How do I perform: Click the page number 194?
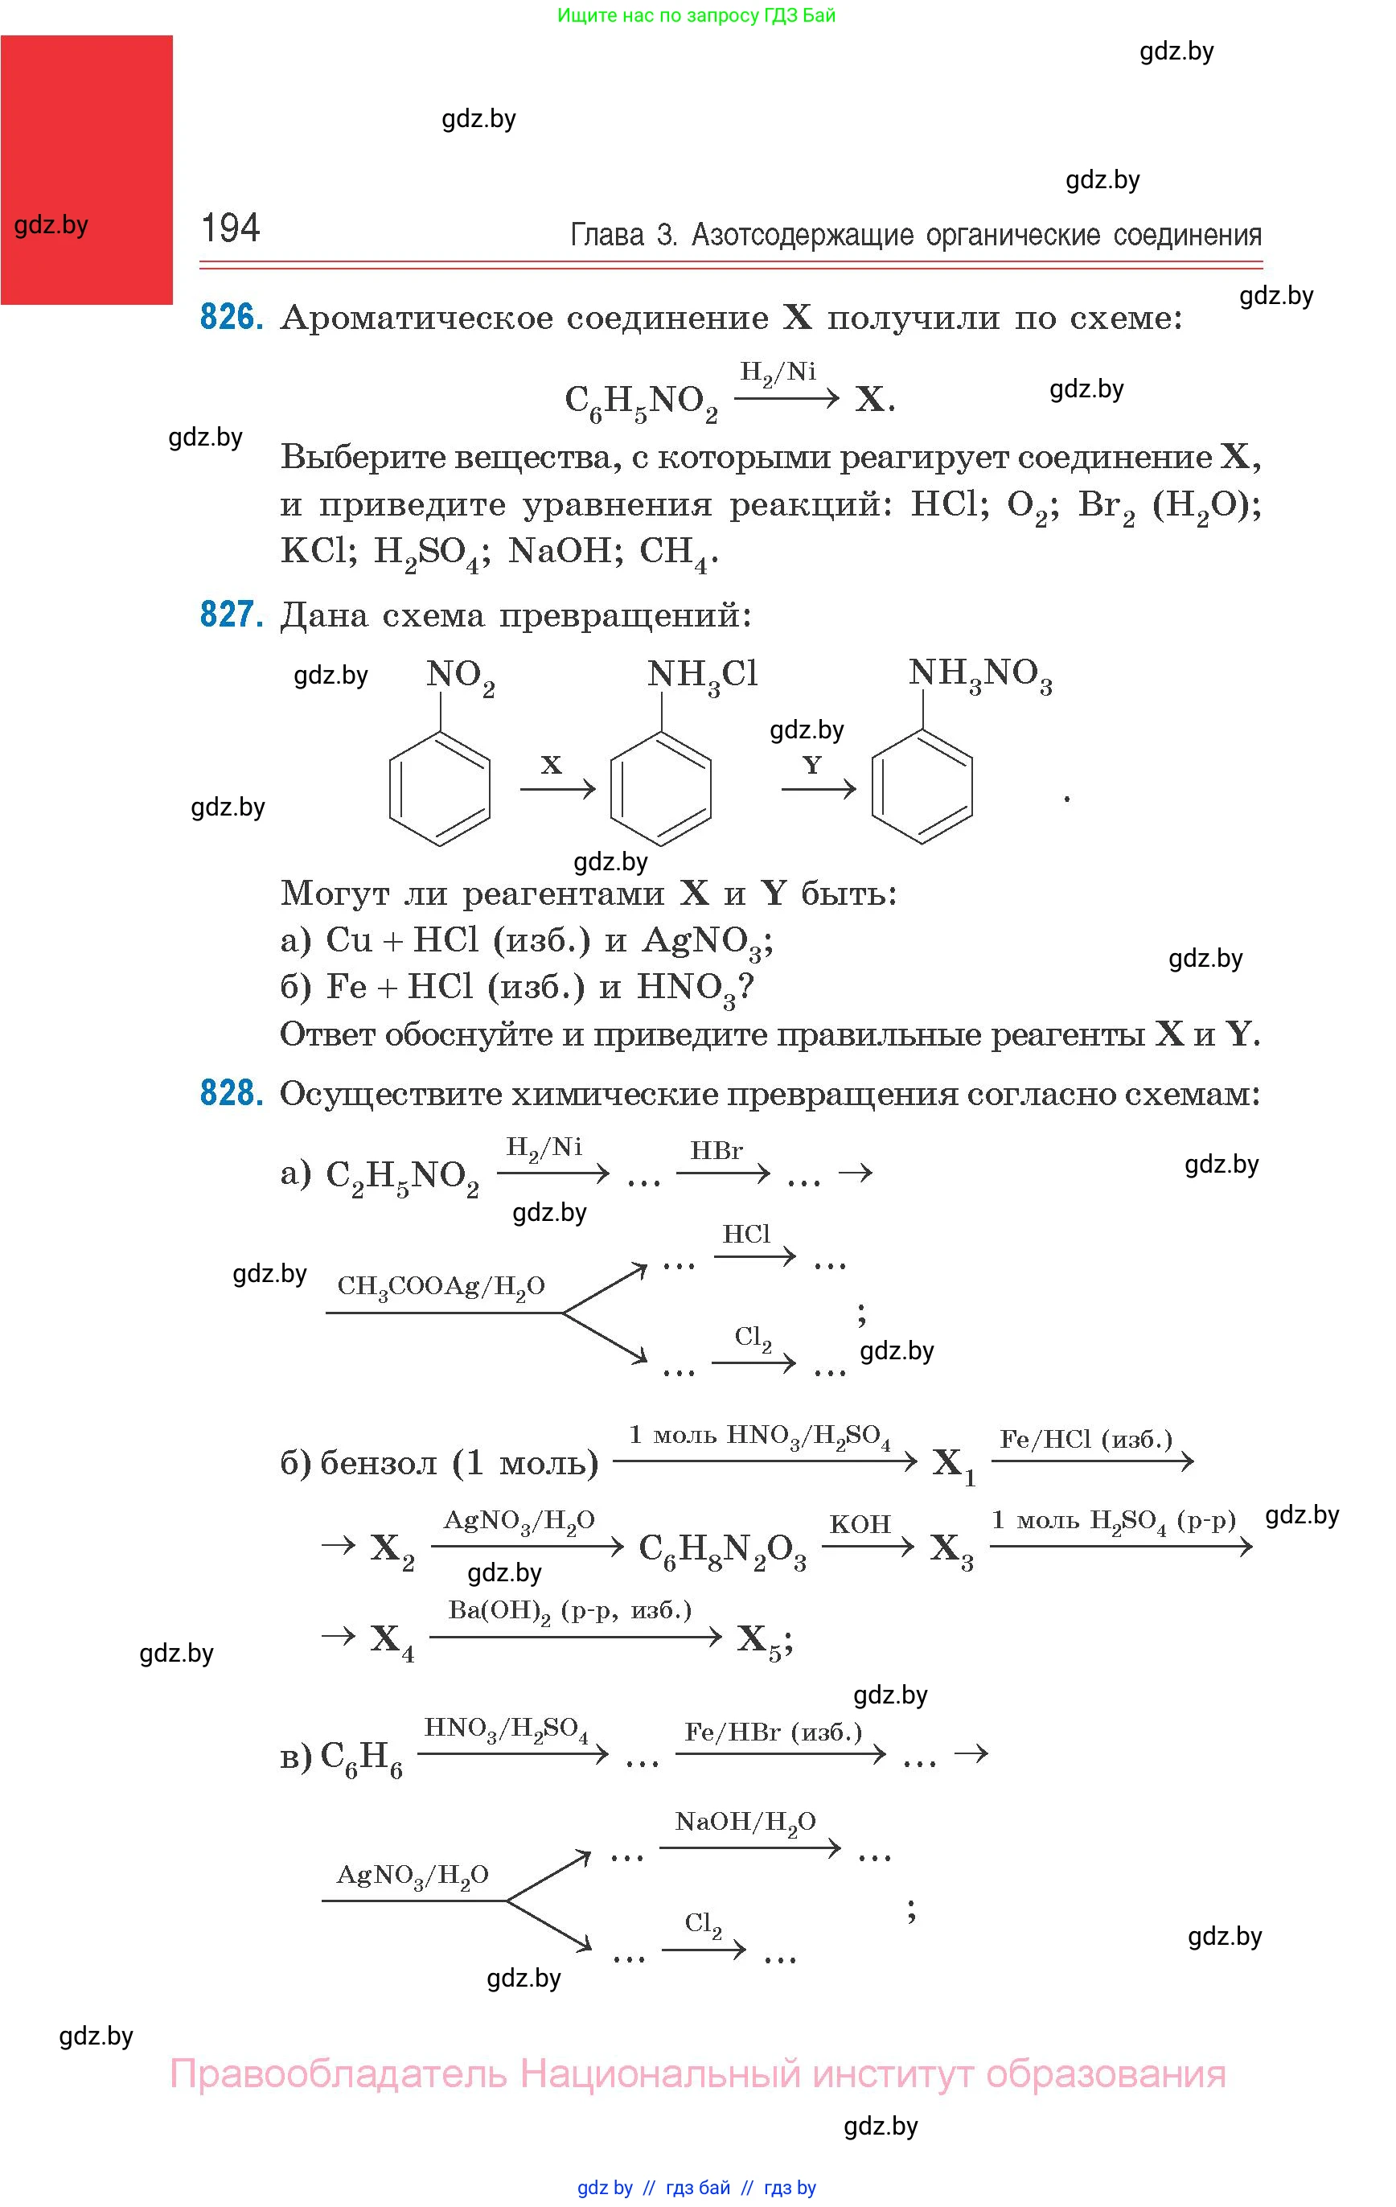[230, 228]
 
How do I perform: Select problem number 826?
[231, 318]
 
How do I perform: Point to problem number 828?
[231, 1093]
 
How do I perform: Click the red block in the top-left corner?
[86, 170]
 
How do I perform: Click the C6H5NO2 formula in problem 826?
[641, 402]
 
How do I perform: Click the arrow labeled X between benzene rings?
[557, 788]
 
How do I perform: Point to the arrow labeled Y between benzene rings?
[819, 788]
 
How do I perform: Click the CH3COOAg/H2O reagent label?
[441, 1288]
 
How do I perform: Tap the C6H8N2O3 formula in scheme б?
[722, 1548]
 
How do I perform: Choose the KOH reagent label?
[860, 1524]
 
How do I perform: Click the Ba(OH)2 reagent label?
[569, 1611]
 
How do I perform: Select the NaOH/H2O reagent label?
[745, 1821]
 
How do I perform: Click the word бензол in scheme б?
[378, 1463]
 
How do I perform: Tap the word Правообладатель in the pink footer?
[339, 2074]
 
